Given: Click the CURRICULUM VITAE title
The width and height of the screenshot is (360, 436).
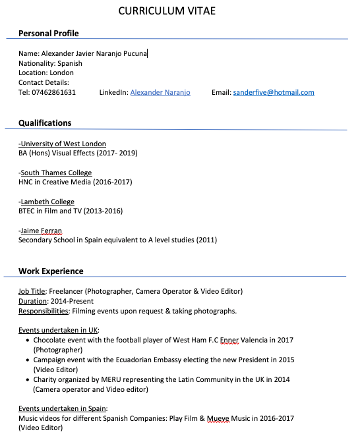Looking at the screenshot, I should pyautogui.click(x=167, y=11).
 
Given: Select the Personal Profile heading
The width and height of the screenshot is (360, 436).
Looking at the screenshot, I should pyautogui.click(x=49, y=33).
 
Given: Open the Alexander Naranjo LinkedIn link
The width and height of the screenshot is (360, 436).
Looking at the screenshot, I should pyautogui.click(x=160, y=92).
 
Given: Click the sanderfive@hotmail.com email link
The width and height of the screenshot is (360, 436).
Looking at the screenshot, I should pyautogui.click(x=274, y=92).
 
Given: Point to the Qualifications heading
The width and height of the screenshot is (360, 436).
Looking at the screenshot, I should pyautogui.click(x=45, y=123).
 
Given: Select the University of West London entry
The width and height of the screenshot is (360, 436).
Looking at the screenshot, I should pyautogui.click(x=63, y=144).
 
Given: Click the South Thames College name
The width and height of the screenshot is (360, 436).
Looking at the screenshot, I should pyautogui.click(x=56, y=173).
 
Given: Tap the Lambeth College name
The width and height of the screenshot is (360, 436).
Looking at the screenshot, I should pyautogui.click(x=47, y=202).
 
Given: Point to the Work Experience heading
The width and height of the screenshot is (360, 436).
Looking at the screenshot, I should pyautogui.click(x=51, y=271).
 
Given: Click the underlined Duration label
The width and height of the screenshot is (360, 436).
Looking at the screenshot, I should pyautogui.click(x=32, y=301).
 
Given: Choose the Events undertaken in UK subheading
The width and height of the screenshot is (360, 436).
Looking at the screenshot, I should pyautogui.click(x=59, y=330).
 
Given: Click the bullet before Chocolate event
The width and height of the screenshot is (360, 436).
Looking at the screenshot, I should pyautogui.click(x=27, y=341).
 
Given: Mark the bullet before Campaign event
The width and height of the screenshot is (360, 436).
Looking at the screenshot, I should pyautogui.click(x=27, y=360).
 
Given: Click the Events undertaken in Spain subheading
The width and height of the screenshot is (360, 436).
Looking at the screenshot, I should pyautogui.click(x=63, y=408).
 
